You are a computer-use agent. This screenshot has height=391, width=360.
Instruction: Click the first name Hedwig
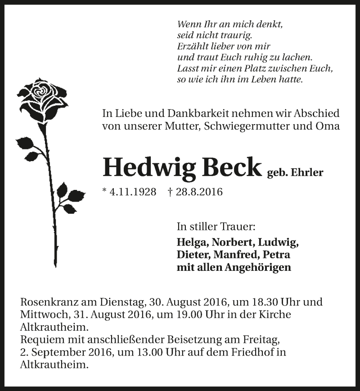148,167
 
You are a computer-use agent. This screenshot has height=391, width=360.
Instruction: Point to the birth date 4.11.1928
132,192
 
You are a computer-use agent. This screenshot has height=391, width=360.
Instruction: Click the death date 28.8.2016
199,192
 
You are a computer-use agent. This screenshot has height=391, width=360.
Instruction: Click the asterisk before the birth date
105,191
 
